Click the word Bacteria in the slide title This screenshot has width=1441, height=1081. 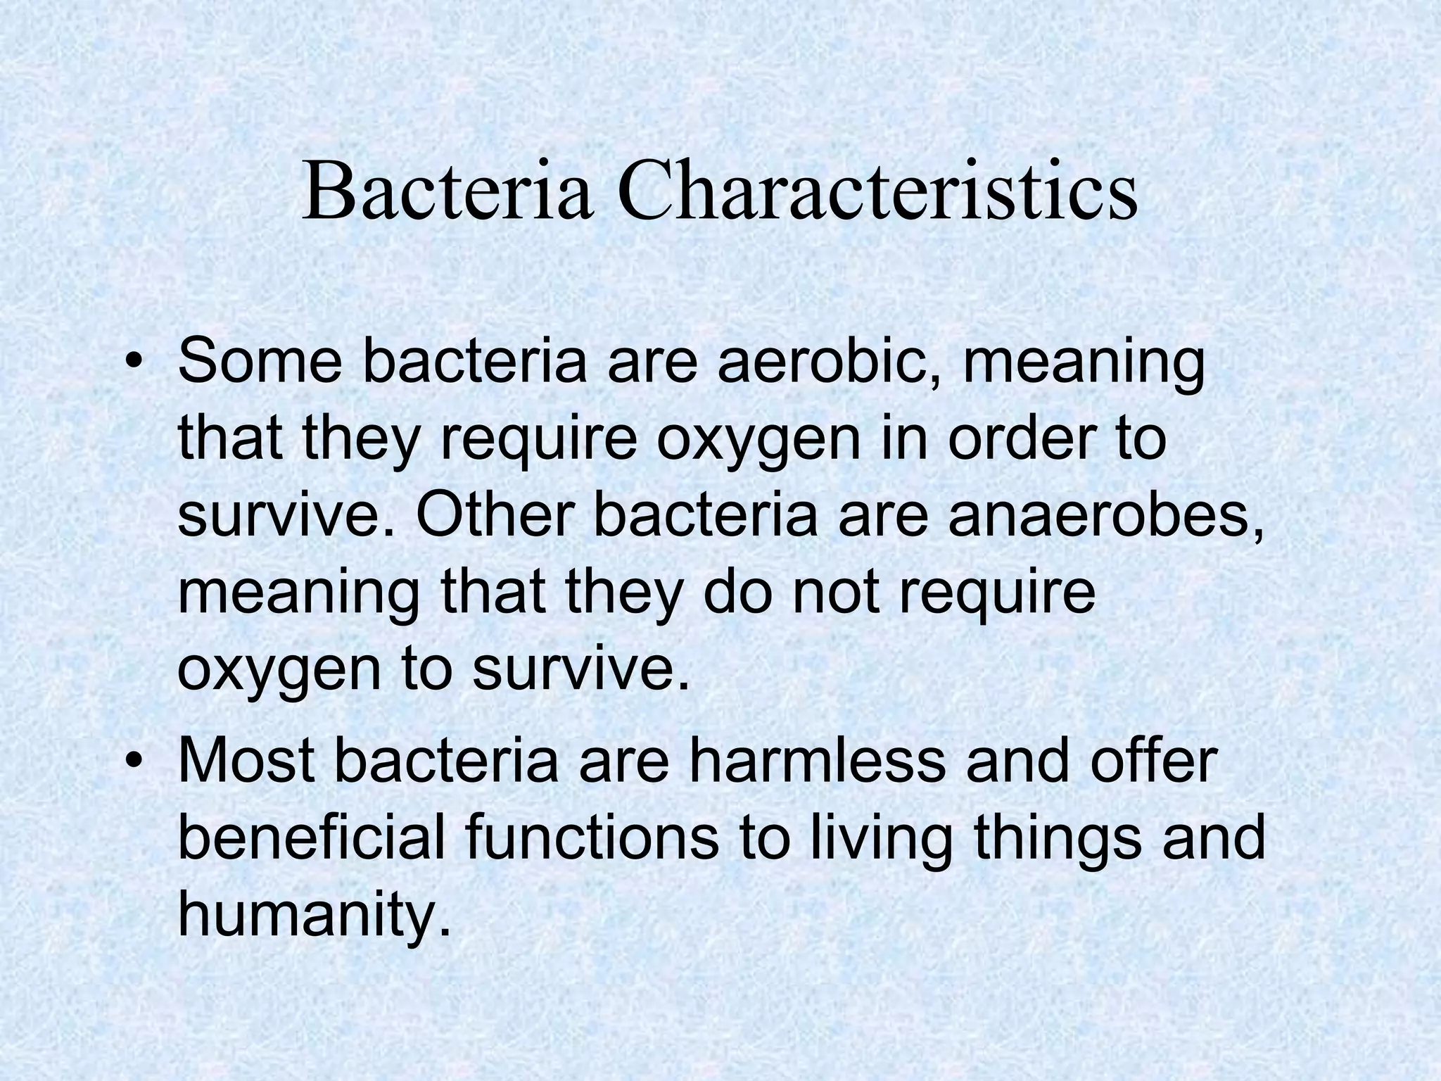pyautogui.click(x=447, y=192)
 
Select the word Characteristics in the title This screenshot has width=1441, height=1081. pyautogui.click(x=877, y=192)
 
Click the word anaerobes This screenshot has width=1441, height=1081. pyautogui.click(x=1105, y=515)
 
